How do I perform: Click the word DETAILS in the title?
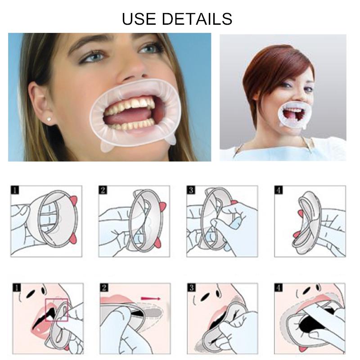point(197,19)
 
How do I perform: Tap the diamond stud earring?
point(49,119)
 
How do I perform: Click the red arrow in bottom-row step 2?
point(151,298)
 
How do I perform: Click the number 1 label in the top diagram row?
point(15,190)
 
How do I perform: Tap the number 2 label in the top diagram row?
point(103,190)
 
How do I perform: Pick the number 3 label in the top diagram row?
point(191,190)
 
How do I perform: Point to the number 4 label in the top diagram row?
point(279,190)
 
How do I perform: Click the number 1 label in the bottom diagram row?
point(17,288)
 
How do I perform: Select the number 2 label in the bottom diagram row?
point(104,288)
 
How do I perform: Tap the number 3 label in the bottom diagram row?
point(192,288)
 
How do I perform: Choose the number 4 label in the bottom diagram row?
point(279,288)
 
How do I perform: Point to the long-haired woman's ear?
point(42,103)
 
